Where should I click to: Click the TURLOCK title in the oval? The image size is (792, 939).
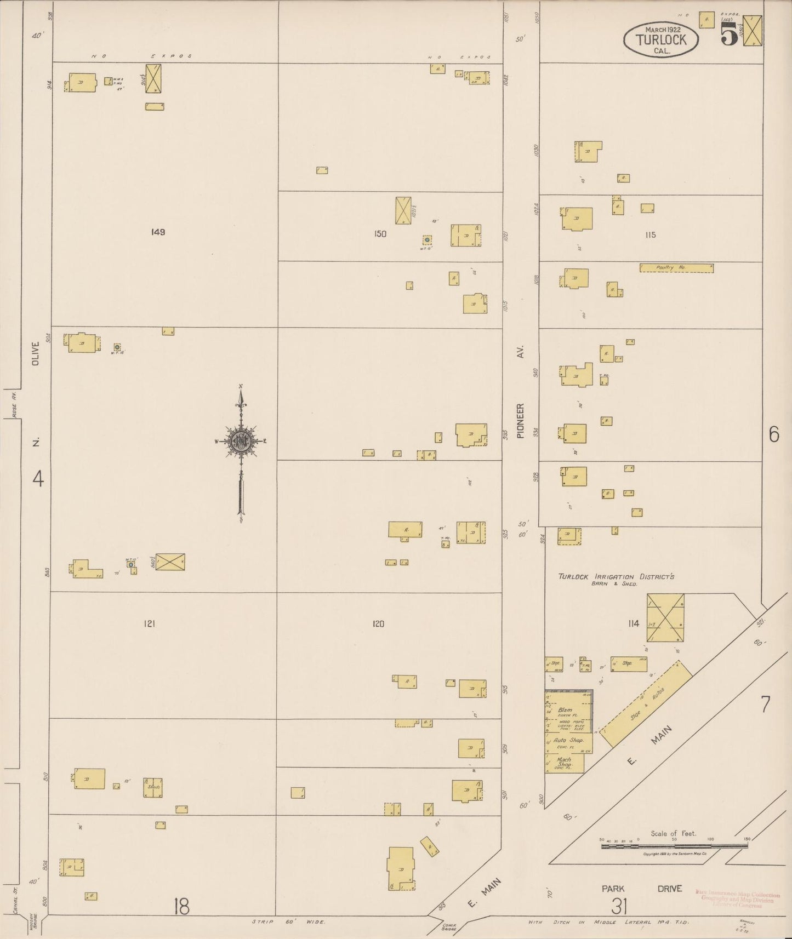[x=662, y=39]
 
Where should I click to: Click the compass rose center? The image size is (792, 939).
[x=241, y=441]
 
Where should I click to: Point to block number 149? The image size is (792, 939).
[x=158, y=232]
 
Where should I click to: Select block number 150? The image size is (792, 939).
[x=380, y=234]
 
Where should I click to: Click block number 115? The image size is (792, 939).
[x=650, y=235]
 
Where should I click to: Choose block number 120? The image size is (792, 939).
[x=378, y=623]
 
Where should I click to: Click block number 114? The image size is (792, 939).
[x=634, y=623]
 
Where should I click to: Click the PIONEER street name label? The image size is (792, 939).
[x=521, y=421]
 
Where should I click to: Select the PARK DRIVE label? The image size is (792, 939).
[x=641, y=889]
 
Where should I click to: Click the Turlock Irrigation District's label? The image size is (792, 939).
[x=616, y=577]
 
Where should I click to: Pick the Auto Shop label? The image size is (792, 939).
[x=568, y=740]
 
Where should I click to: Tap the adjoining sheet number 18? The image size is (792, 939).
[x=181, y=907]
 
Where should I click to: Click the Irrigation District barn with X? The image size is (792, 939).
[x=665, y=617]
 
